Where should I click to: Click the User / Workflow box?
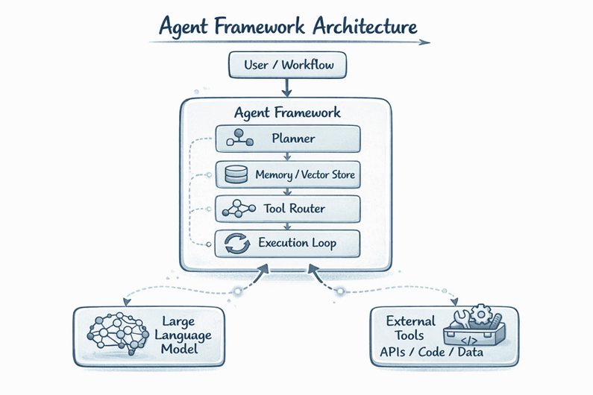pyautogui.click(x=287, y=66)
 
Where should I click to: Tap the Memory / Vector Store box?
pyautogui.click(x=287, y=175)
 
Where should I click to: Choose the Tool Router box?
pyautogui.click(x=287, y=209)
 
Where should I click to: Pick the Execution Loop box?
pyautogui.click(x=287, y=243)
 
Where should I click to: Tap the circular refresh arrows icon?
pyautogui.click(x=235, y=243)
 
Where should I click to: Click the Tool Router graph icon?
pyautogui.click(x=235, y=209)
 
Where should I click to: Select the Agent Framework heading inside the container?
pyautogui.click(x=287, y=113)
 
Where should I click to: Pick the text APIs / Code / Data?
pyautogui.click(x=421, y=350)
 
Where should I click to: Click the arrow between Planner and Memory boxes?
pyautogui.click(x=288, y=157)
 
